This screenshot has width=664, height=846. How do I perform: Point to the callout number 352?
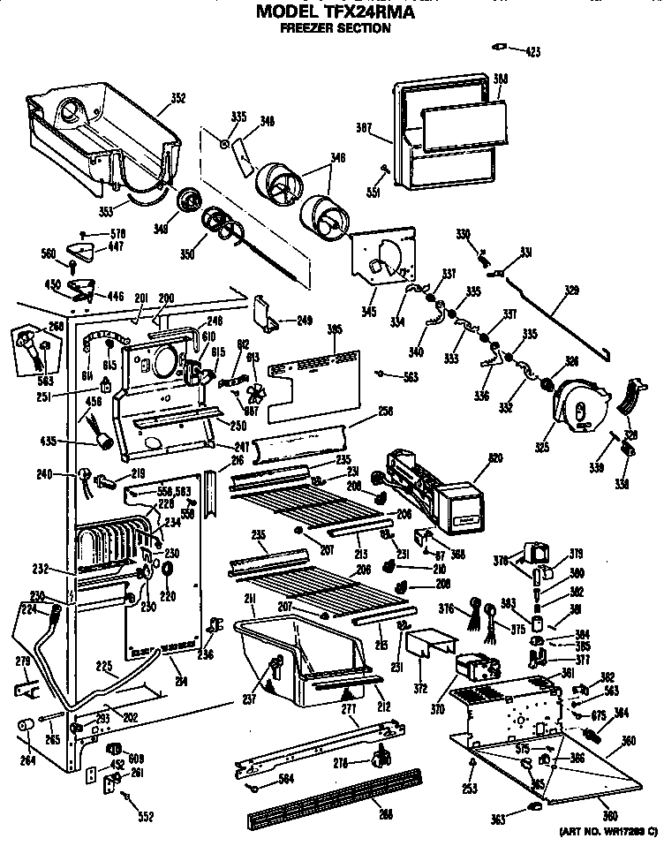coord(177,98)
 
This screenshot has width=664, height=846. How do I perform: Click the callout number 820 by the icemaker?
coord(495,459)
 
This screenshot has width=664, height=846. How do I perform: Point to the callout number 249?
coord(304,321)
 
